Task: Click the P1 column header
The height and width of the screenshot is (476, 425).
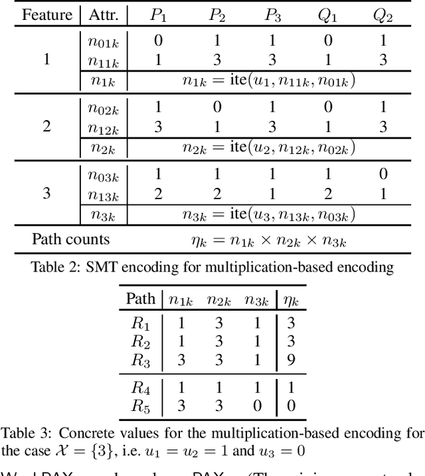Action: tap(158, 15)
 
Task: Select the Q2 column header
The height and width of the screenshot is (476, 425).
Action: tap(383, 15)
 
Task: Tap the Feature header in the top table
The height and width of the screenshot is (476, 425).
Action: tap(47, 15)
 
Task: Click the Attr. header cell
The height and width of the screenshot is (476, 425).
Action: tap(103, 15)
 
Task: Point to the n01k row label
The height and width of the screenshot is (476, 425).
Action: tap(104, 40)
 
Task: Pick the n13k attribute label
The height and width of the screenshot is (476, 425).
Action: tap(104, 194)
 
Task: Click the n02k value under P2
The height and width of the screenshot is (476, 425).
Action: tap(215, 108)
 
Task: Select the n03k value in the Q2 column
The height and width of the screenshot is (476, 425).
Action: tap(383, 175)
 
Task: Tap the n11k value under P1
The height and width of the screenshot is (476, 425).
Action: tap(158, 60)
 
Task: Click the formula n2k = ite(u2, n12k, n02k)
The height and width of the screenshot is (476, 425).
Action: tap(270, 148)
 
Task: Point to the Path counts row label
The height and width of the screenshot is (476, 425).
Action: tap(72, 239)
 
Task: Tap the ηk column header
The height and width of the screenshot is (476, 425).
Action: tap(291, 300)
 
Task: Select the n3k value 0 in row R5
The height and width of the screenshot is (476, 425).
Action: tap(256, 404)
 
